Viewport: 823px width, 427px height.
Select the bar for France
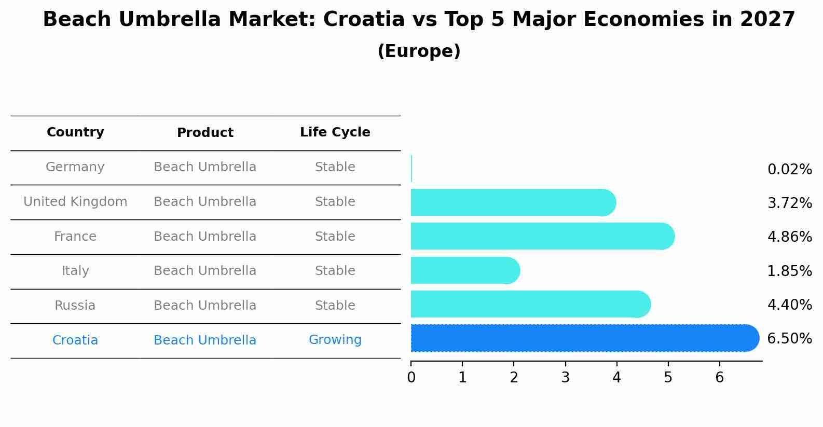[540, 237]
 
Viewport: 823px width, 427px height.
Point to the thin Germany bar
[411, 169]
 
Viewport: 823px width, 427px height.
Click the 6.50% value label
[789, 339]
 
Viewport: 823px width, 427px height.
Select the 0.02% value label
[789, 170]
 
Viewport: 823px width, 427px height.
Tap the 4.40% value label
[789, 305]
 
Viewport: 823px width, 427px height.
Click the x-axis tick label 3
[565, 378]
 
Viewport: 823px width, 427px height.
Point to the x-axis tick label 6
[719, 378]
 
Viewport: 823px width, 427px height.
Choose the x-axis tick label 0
[411, 378]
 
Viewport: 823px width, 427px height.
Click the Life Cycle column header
[335, 132]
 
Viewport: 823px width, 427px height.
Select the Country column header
[75, 132]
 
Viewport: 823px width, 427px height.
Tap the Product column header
[205, 133]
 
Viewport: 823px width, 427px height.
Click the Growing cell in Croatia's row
[335, 340]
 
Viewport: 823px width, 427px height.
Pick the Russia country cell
[75, 306]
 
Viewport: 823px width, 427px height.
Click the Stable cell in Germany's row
[335, 167]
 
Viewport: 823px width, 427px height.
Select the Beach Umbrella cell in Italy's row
[205, 271]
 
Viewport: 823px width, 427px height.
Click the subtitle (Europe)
[419, 51]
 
